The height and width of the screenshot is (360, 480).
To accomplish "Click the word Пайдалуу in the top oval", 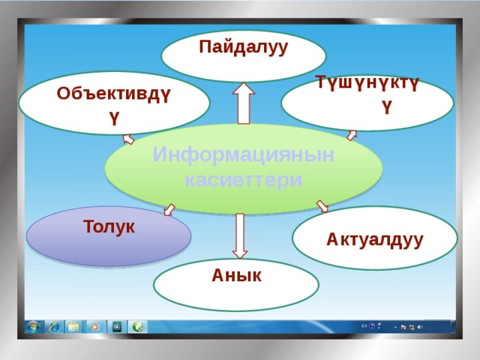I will click(243, 47).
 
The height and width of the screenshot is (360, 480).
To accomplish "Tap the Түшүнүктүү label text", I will click(367, 83).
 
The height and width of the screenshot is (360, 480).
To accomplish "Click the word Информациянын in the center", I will click(243, 154).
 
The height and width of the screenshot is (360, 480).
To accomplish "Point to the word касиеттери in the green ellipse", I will click(243, 181).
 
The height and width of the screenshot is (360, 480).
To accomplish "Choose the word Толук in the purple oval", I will click(109, 226).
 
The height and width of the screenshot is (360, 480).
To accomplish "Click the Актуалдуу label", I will click(374, 239).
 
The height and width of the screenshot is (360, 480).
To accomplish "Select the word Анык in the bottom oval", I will click(236, 275).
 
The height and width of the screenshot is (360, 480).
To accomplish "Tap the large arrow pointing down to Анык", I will click(240, 235).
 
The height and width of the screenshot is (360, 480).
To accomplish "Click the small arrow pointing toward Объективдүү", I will click(127, 139).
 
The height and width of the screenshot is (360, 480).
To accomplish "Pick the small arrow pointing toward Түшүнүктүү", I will click(351, 136).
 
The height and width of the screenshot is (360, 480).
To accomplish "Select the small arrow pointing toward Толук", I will click(169, 210).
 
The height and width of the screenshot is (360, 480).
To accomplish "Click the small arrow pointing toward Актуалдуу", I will click(322, 205).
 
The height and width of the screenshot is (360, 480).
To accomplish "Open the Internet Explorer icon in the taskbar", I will click(54, 326).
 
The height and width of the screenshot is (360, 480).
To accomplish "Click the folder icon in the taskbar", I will click(73, 326).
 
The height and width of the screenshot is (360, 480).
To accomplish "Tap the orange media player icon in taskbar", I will click(95, 326).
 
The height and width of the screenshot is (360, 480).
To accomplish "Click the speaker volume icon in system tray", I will click(419, 327).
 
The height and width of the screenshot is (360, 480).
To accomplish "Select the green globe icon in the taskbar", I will click(138, 326).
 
